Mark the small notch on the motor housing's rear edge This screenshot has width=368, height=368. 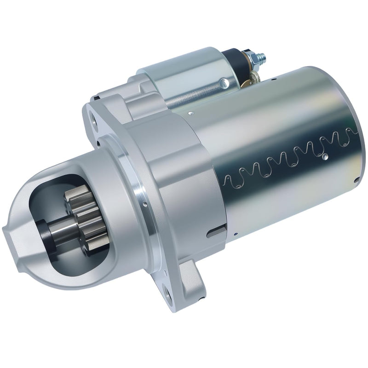[357, 179]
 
